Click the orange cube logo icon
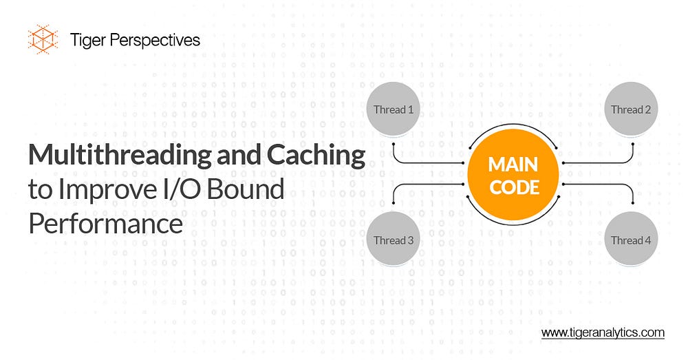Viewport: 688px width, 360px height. [41, 39]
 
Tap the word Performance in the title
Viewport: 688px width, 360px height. [105, 224]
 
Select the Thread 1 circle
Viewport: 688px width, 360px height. [393, 109]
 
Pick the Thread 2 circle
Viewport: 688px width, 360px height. [631, 109]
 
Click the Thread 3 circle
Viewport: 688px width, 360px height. [393, 240]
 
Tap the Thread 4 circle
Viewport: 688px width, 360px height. [631, 240]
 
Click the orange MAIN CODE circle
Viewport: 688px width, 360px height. [513, 175]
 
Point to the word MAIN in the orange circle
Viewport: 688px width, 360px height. [513, 165]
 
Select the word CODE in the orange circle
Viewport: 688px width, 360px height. [513, 186]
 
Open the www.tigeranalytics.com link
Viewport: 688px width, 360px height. [603, 332]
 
